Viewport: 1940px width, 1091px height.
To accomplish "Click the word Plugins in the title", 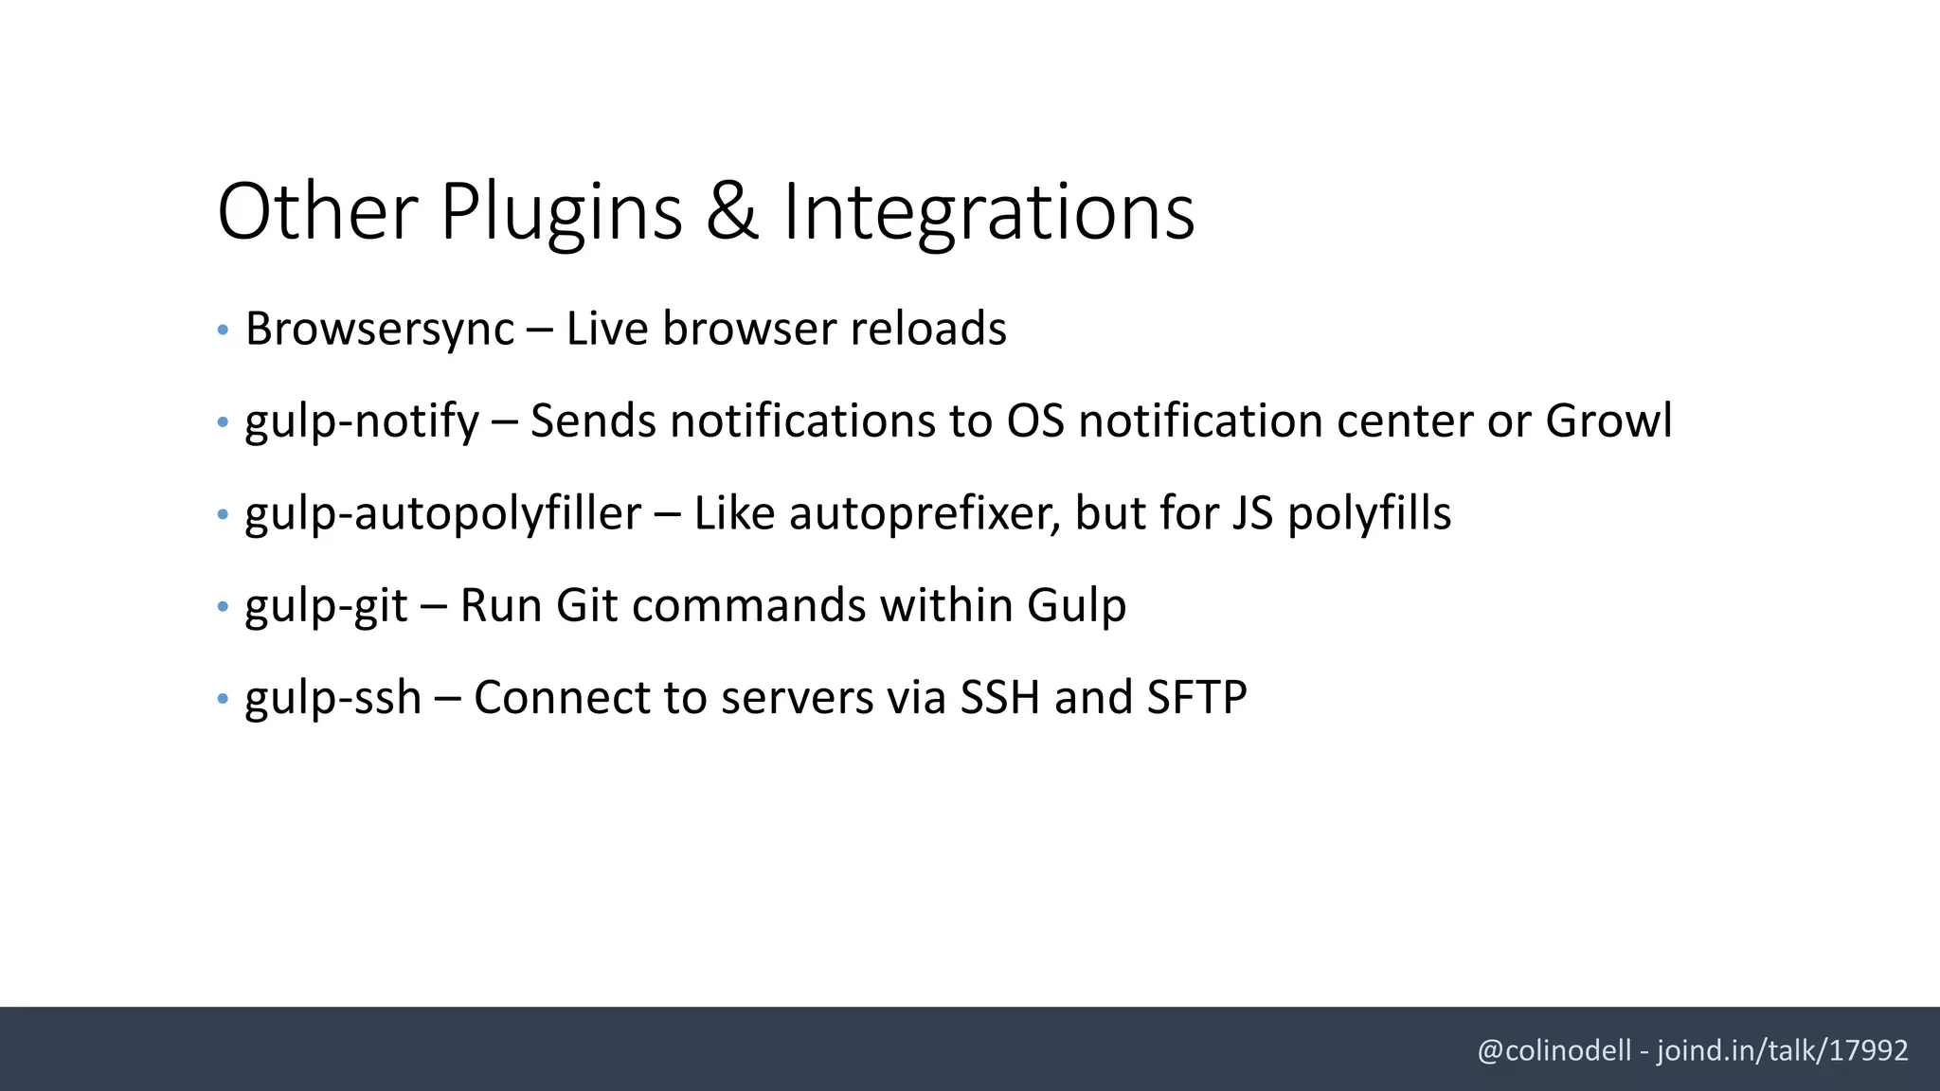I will tap(561, 212).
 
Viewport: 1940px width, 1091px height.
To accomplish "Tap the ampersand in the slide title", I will tap(732, 212).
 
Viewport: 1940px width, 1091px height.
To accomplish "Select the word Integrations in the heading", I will tap(988, 212).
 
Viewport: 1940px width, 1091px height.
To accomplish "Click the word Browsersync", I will tap(380, 330).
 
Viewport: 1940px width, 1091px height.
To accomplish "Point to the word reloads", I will tap(928, 330).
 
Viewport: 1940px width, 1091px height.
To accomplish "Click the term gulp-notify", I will tap(362, 421).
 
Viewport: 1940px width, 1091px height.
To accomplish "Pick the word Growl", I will tap(1608, 421).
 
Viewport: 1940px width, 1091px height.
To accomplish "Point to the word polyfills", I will tap(1369, 513).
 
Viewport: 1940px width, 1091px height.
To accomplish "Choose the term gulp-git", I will tap(327, 605).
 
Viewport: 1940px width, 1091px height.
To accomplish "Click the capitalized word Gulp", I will tap(1076, 605).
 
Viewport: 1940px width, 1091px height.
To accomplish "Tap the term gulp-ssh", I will tap(333, 698).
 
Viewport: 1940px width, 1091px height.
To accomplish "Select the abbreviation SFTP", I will tap(1196, 698).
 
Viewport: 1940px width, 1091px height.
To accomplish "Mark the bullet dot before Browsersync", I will tap(223, 331).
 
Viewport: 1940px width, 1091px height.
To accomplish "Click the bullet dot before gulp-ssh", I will tap(223, 699).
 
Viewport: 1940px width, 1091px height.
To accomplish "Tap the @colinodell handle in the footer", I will tap(1554, 1050).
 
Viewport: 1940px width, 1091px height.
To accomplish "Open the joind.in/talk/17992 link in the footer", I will tap(1782, 1050).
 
